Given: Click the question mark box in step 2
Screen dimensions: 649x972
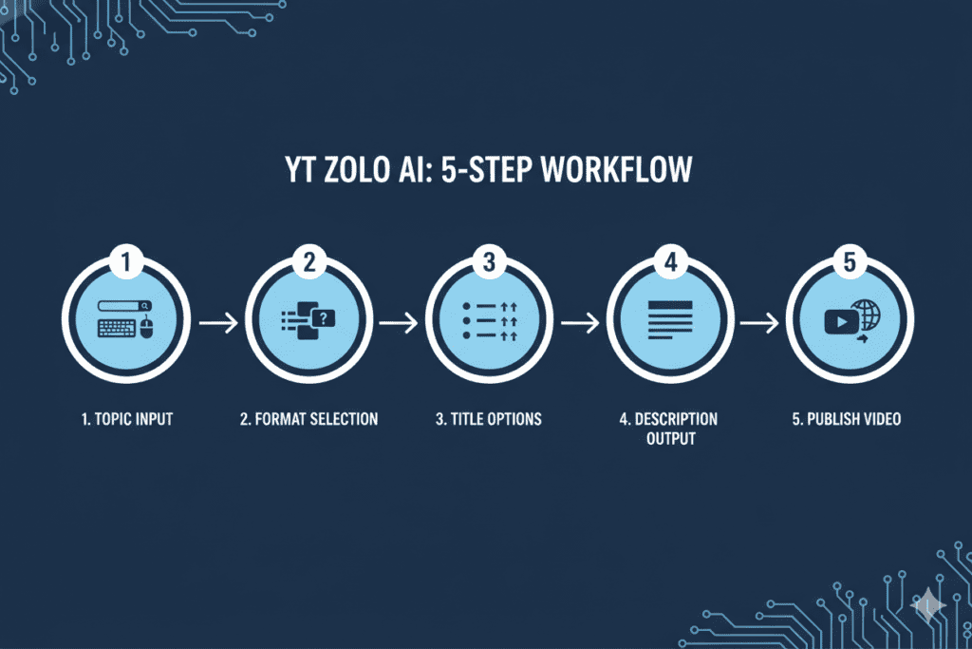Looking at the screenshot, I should [325, 318].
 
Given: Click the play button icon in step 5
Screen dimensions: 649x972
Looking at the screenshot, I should [839, 322].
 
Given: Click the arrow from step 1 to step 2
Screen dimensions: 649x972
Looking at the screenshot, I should [217, 323].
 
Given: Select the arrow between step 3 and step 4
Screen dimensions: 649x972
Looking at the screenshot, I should [580, 323].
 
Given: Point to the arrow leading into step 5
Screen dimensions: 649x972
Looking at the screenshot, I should [760, 323].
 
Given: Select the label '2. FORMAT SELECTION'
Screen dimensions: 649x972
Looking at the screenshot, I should [308, 418].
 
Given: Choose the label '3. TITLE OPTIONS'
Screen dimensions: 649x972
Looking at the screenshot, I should [489, 418].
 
